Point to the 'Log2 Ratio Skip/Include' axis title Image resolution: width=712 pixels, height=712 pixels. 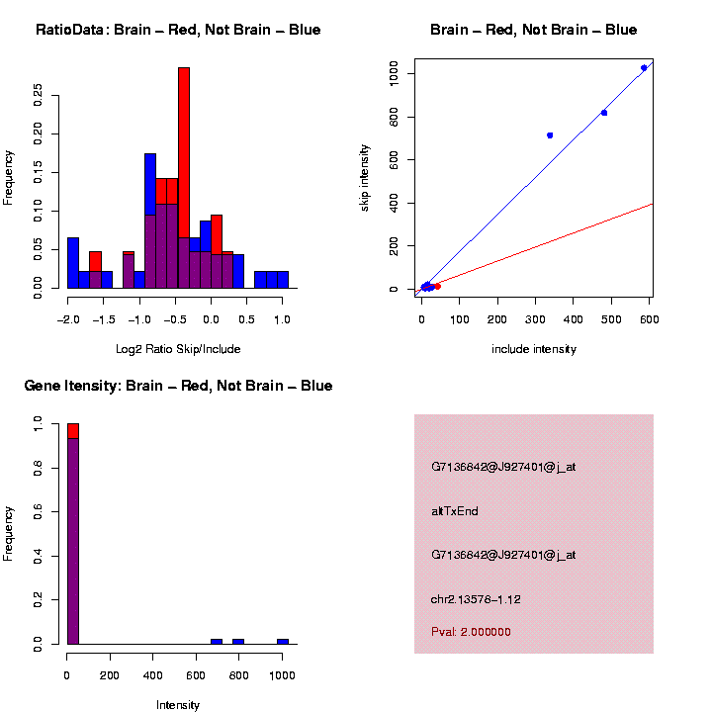(178, 349)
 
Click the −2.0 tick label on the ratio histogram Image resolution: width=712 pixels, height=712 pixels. (67, 320)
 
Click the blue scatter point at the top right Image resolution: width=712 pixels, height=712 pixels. (644, 68)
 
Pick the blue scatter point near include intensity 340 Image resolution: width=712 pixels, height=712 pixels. (550, 134)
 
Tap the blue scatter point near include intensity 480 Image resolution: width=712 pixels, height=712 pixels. (604, 113)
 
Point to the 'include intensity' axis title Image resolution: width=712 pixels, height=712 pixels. (534, 349)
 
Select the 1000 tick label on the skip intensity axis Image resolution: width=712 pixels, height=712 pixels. (394, 73)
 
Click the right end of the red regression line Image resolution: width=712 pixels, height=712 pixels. (652, 204)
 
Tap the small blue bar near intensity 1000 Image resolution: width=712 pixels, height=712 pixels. (283, 641)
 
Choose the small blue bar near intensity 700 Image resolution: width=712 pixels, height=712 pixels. (217, 641)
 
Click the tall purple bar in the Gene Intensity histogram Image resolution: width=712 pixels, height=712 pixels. (73, 539)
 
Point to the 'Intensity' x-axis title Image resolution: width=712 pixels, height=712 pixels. (178, 705)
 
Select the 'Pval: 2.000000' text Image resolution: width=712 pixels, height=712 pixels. (471, 632)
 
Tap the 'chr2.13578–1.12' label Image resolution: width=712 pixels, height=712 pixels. (476, 599)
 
